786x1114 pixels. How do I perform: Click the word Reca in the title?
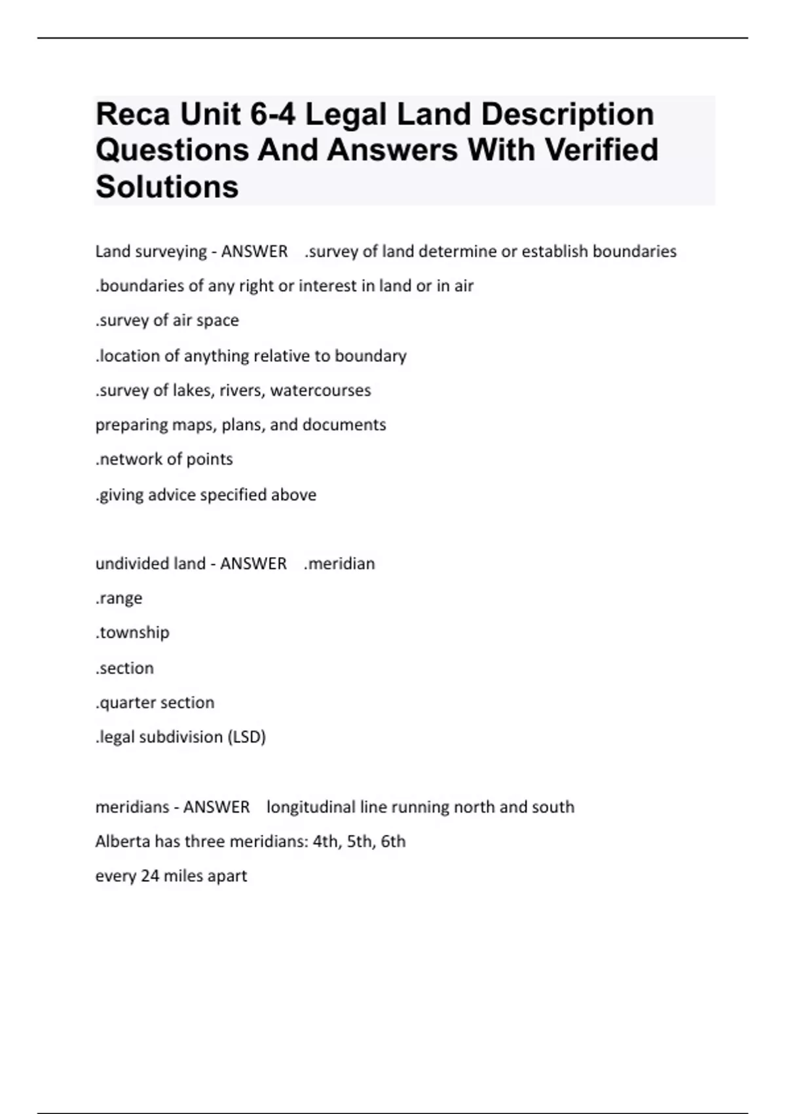click(133, 115)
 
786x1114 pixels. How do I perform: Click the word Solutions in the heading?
click(167, 187)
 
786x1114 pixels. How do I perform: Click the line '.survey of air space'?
click(167, 320)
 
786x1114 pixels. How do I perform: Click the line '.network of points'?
click(164, 459)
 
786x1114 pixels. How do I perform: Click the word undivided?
click(122, 564)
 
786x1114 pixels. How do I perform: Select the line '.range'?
click(119, 598)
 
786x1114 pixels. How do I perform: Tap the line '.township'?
click(132, 633)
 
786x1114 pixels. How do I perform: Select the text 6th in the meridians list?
click(393, 841)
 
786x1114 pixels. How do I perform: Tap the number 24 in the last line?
click(150, 876)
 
